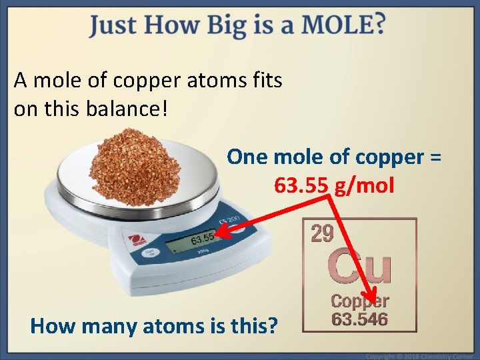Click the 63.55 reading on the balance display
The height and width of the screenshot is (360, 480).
click(x=201, y=238)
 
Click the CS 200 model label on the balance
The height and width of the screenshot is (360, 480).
click(x=230, y=220)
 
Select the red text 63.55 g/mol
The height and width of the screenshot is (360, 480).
click(x=334, y=184)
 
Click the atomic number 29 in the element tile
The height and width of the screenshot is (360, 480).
click(x=323, y=233)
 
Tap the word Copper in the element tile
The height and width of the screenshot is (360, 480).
click(x=360, y=301)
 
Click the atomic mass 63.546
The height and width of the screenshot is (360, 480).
click(x=360, y=319)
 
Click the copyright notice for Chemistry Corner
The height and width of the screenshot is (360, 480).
click(x=420, y=356)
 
